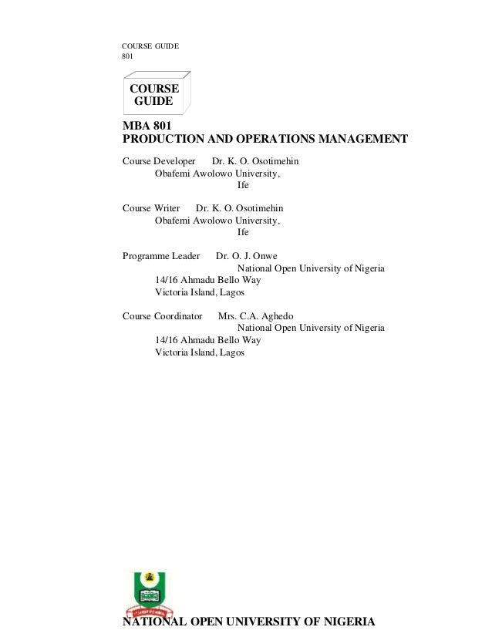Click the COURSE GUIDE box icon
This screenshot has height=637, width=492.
pyautogui.click(x=156, y=93)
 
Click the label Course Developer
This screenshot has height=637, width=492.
pyautogui.click(x=159, y=161)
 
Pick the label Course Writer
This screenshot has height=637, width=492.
pyautogui.click(x=151, y=208)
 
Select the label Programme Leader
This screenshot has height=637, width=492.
pyautogui.click(x=161, y=256)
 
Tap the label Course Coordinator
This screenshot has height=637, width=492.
pyautogui.click(x=162, y=315)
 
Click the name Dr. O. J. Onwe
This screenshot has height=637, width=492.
pyautogui.click(x=246, y=256)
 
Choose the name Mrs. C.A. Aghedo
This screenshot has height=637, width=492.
pyautogui.click(x=255, y=315)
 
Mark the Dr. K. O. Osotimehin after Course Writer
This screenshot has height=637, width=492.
pyautogui.click(x=239, y=208)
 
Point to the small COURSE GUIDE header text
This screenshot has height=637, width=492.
pyautogui.click(x=150, y=46)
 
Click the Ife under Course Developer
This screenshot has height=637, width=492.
pyautogui.click(x=243, y=185)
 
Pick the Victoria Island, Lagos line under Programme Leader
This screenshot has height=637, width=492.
pyautogui.click(x=199, y=292)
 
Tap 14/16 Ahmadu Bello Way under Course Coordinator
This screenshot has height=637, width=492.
pyautogui.click(x=207, y=340)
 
